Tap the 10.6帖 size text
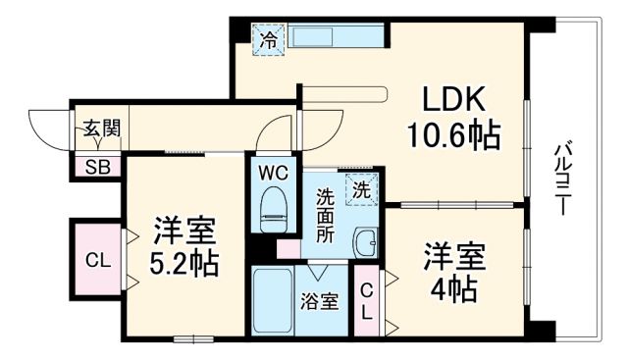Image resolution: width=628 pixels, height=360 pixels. pyautogui.click(x=455, y=134)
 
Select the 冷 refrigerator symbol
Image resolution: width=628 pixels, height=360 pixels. pyautogui.click(x=267, y=40)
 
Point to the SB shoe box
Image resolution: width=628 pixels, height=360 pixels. pyautogui.click(x=96, y=166)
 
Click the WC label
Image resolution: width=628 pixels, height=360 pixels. pyautogui.click(x=271, y=171)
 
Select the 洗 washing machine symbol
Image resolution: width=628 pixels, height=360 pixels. pyautogui.click(x=362, y=190)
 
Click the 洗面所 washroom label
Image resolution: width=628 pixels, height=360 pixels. pyautogui.click(x=324, y=217)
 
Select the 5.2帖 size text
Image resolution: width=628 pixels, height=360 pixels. pyautogui.click(x=184, y=263)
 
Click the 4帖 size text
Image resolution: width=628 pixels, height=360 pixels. pyautogui.click(x=453, y=289)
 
